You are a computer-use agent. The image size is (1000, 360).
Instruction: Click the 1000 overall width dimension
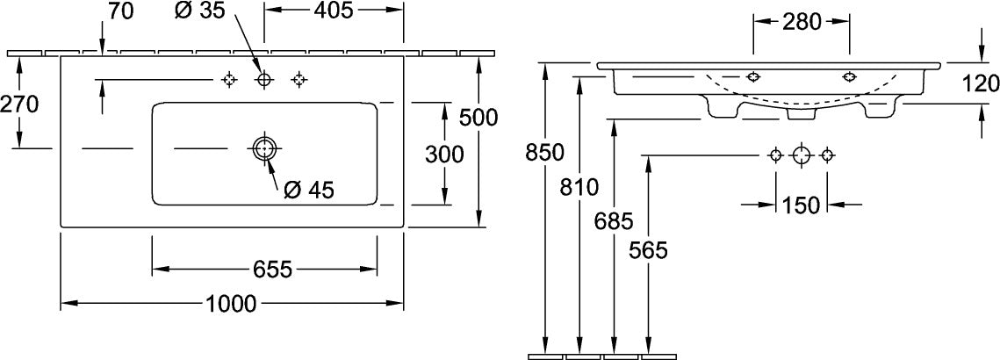(231, 304)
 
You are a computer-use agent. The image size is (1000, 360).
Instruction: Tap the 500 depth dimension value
(478, 117)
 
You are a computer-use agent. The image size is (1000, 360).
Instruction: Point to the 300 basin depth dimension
(444, 154)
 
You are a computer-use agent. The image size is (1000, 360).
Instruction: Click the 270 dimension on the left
(19, 103)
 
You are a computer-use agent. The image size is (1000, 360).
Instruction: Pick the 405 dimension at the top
(335, 11)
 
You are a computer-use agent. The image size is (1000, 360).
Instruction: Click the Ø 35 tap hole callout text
(199, 11)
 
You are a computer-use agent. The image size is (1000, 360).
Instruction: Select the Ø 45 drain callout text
(309, 189)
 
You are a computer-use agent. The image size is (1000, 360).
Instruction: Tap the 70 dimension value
(120, 11)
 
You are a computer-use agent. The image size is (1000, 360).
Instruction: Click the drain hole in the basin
(263, 148)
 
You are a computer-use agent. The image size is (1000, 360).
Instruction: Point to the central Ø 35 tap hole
(263, 79)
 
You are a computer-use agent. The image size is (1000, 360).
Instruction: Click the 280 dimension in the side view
(802, 22)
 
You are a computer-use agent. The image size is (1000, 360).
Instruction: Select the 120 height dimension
(980, 83)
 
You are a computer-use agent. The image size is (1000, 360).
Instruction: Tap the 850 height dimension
(544, 152)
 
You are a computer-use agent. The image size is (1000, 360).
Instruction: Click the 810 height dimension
(579, 187)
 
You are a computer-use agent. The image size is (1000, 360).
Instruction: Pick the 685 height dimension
(613, 221)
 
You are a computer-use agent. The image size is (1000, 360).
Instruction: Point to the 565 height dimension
(647, 251)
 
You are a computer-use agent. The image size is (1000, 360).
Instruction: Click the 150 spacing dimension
(801, 205)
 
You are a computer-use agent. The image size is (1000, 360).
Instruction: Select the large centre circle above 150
(801, 155)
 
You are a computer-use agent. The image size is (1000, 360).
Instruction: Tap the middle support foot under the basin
(802, 113)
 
